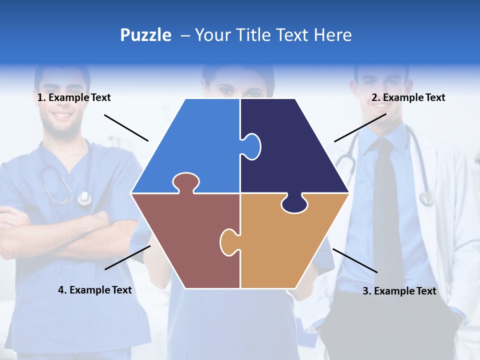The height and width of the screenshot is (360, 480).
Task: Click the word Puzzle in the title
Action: pyautogui.click(x=145, y=35)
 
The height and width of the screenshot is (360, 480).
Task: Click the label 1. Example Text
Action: pyautogui.click(x=74, y=97)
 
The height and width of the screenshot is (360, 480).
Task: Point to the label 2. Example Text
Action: pyautogui.click(x=408, y=97)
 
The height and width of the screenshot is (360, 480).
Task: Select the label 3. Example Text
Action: pyautogui.click(x=399, y=291)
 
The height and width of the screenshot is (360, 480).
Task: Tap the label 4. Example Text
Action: pyautogui.click(x=94, y=290)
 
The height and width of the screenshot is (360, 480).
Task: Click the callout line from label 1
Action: pyautogui.click(x=126, y=127)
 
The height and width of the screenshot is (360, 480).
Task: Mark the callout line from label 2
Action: pyautogui.click(x=360, y=127)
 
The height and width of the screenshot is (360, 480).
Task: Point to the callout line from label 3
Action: pyautogui.click(x=355, y=260)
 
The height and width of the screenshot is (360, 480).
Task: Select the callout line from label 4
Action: pyautogui.click(x=127, y=257)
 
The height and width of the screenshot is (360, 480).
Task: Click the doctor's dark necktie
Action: pyautogui.click(x=384, y=200)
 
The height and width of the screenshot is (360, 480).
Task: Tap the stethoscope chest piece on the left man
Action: pyautogui.click(x=84, y=198)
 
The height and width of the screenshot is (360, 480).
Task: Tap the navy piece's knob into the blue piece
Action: pyautogui.click(x=252, y=146)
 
